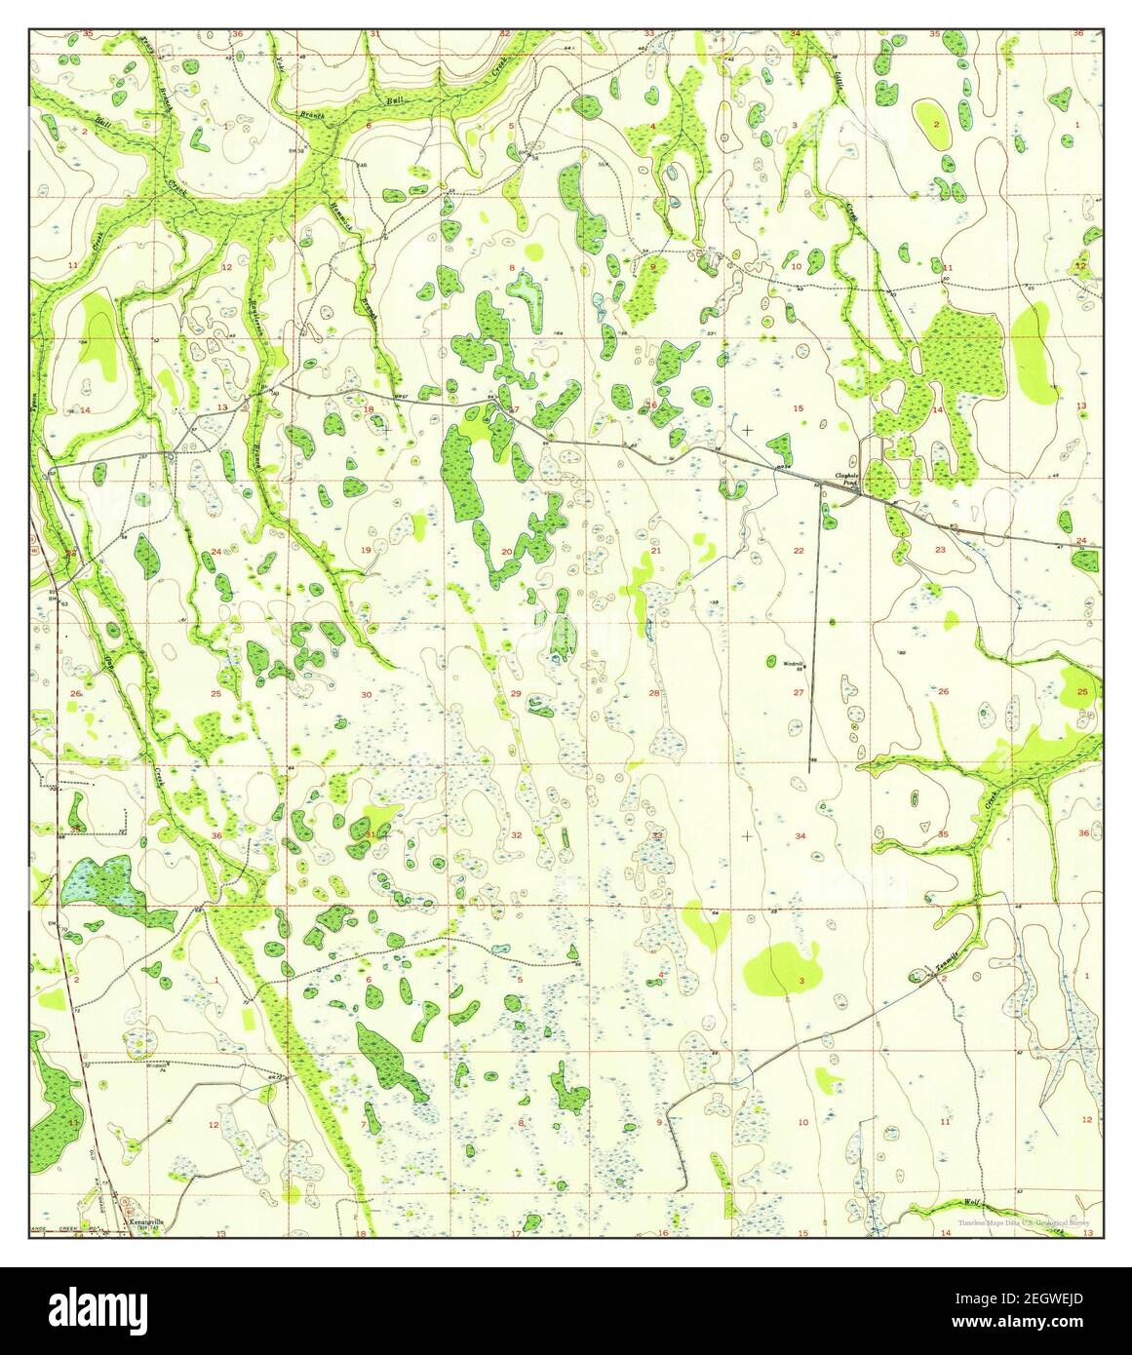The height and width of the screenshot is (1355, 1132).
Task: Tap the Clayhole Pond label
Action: coord(844,480)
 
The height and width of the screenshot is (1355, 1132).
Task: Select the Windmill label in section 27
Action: coord(793,663)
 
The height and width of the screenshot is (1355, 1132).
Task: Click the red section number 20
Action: coord(507,552)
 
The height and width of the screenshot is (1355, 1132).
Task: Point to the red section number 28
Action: coord(655,693)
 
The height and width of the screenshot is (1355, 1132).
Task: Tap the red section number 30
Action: coord(367,694)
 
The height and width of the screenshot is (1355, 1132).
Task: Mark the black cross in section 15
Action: coord(747,429)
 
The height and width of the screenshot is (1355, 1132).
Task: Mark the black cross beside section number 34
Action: coord(747,835)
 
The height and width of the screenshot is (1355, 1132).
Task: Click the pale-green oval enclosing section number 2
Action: coord(936,124)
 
